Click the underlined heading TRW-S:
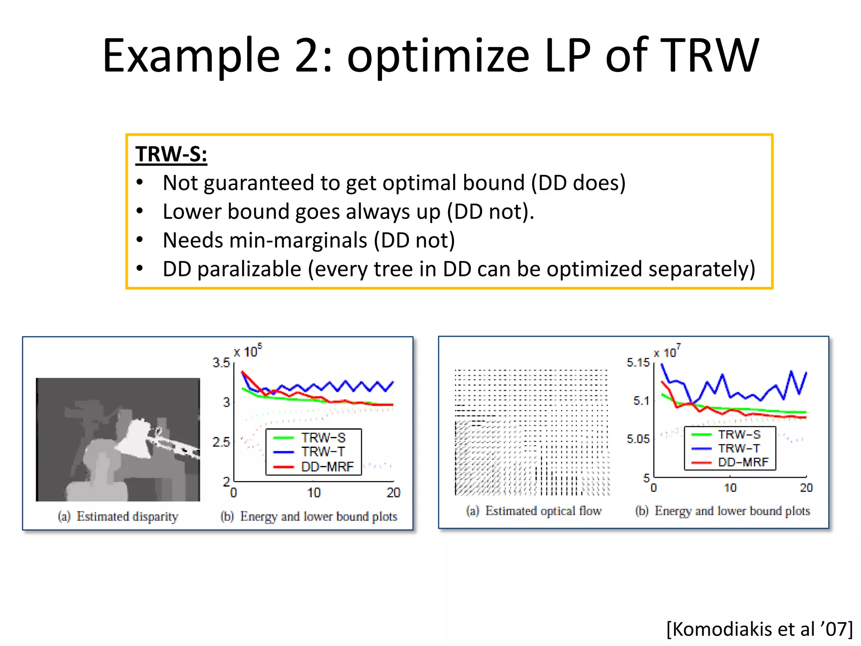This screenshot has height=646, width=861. click(171, 154)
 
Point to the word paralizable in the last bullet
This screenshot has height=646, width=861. click(249, 269)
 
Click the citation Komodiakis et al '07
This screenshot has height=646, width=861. click(759, 629)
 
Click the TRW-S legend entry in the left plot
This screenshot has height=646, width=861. click(323, 438)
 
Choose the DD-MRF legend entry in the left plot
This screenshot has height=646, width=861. click(327, 467)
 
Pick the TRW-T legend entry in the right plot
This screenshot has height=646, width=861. click(739, 448)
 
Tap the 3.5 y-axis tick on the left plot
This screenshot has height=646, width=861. click(221, 363)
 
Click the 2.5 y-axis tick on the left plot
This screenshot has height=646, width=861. click(221, 442)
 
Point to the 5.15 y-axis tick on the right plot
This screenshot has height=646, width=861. click(638, 363)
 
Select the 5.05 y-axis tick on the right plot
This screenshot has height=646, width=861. click(638, 439)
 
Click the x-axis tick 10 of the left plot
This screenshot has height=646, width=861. click(314, 492)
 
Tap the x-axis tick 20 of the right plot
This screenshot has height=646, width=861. click(806, 488)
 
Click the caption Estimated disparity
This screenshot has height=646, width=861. click(127, 516)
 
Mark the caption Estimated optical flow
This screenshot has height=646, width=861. click(543, 511)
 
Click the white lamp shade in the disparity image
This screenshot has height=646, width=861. click(135, 437)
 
